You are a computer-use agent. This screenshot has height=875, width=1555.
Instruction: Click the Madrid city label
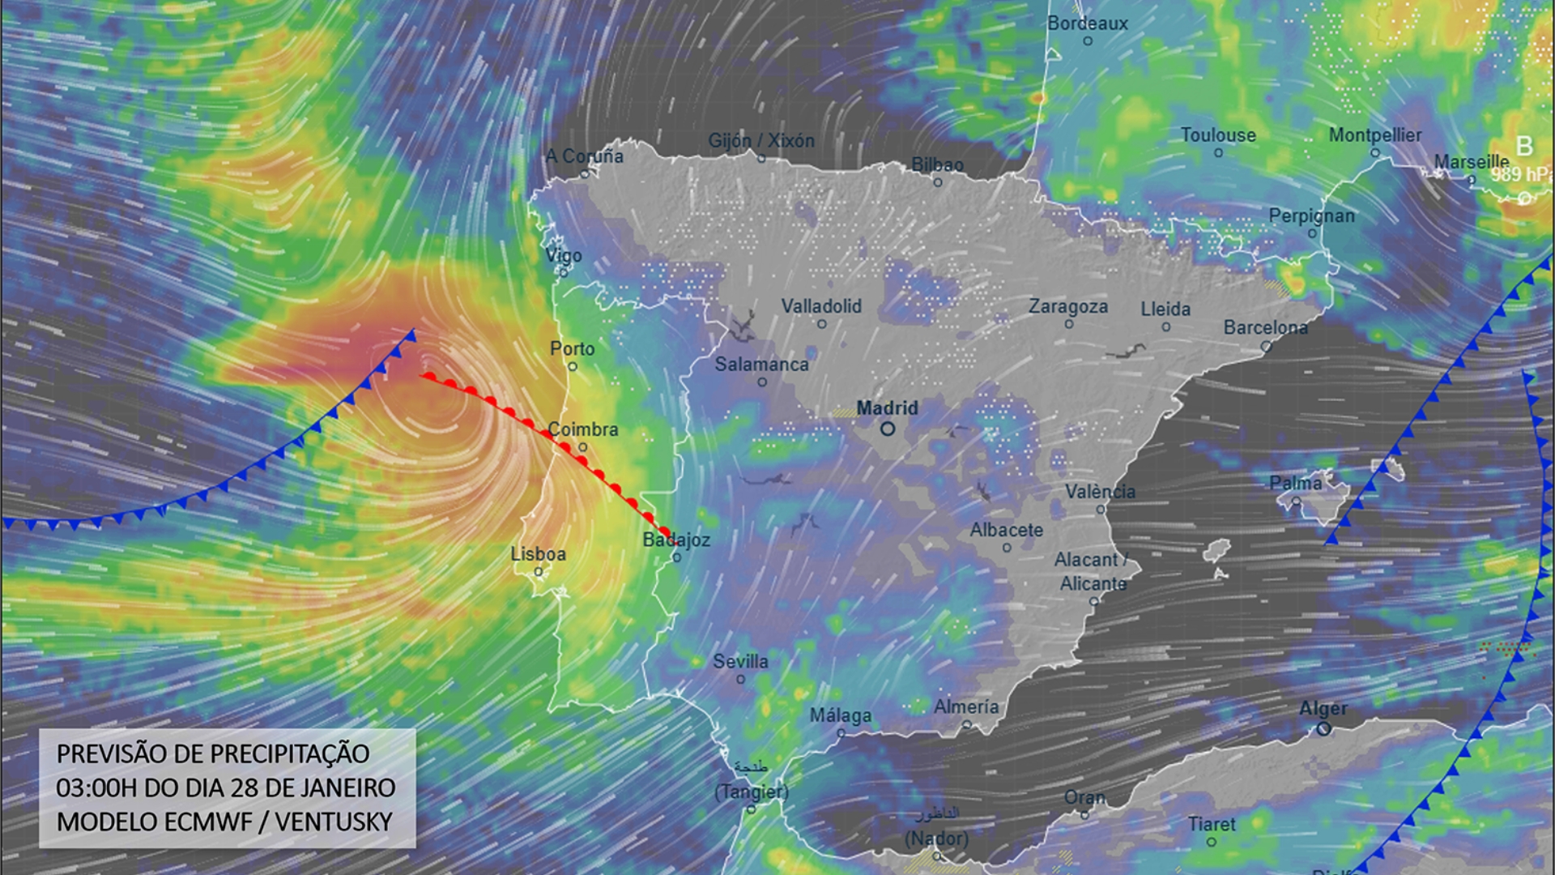pos(887,408)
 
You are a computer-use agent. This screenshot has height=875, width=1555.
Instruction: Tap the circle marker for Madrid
pos(888,429)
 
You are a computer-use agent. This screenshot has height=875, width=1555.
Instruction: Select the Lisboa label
pos(538,554)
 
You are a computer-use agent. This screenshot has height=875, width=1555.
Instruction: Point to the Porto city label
pos(572,348)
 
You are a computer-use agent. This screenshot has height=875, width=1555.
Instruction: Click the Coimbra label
pos(582,429)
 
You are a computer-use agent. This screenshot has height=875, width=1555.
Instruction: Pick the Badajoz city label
pos(676,540)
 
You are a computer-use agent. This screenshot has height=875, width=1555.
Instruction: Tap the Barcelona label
pos(1265,328)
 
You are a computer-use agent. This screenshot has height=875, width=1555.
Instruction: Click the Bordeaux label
pos(1087,23)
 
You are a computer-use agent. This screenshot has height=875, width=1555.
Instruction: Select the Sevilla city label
pos(740,661)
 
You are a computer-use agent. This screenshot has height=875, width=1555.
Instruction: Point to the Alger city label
pos(1323,709)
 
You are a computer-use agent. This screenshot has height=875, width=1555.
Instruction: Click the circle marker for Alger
pos(1323,728)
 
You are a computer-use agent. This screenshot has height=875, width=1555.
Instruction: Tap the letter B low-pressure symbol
pos(1524,147)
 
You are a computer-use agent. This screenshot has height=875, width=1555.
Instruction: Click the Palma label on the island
pos(1295,483)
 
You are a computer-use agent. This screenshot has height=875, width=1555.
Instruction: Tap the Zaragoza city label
pos(1067,307)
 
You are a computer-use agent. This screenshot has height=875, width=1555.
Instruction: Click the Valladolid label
pos(820,306)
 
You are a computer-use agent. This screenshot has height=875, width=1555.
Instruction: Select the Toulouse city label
pos(1217,135)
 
